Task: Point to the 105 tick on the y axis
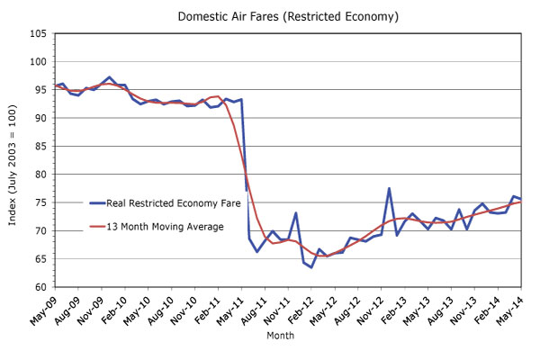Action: [39, 34]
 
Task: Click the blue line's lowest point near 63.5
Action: [311, 267]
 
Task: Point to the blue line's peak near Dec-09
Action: [110, 77]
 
